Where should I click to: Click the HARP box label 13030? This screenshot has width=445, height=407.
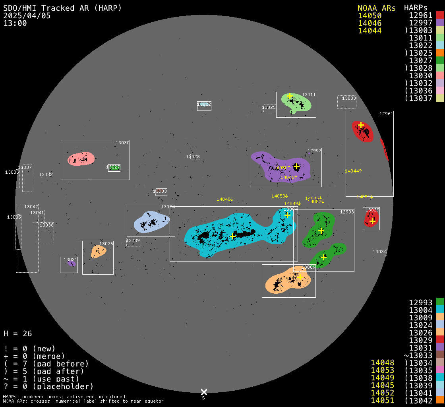(122, 143)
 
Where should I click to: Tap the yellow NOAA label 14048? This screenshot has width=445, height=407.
(223, 199)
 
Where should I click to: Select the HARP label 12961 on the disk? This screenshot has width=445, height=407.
(386, 114)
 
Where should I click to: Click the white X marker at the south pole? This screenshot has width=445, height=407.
(204, 392)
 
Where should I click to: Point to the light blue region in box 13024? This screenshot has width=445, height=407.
(151, 222)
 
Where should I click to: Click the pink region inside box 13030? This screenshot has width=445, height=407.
(81, 159)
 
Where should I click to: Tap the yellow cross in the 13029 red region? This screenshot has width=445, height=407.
(372, 221)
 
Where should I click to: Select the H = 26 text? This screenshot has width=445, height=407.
(17, 333)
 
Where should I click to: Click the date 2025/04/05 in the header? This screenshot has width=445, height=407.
(27, 16)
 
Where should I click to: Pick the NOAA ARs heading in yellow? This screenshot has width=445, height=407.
(376, 8)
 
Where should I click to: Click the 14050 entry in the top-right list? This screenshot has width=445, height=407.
(370, 16)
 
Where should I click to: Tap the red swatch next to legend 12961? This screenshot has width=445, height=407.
(440, 15)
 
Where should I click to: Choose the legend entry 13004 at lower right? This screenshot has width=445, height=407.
(421, 310)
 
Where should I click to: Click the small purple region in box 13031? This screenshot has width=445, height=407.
(72, 264)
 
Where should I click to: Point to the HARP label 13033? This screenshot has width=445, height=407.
(160, 191)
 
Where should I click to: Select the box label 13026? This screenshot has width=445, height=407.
(106, 244)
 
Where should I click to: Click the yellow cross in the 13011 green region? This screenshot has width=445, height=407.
(290, 96)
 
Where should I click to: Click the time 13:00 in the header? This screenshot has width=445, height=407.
(15, 23)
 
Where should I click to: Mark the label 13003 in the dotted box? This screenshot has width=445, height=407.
(349, 98)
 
